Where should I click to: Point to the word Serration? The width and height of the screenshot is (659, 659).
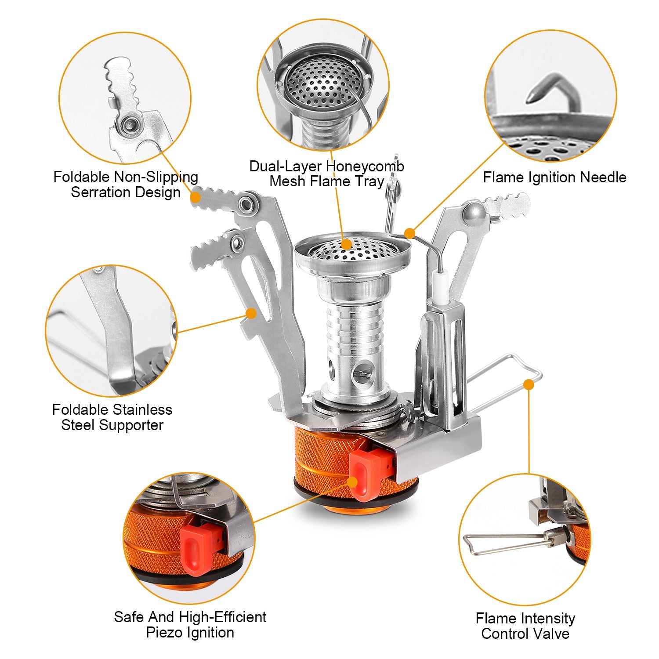coord(101,192)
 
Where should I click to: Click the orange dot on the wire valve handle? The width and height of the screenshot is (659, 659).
coord(529,385)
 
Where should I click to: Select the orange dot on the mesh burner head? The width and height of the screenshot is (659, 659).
coord(347,244)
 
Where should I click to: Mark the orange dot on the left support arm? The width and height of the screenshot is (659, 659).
coord(251,313)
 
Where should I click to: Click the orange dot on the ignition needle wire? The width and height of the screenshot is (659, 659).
coord(409,233)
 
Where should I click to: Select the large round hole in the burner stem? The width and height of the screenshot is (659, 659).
coord(362,372)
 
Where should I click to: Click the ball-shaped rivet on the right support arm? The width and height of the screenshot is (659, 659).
coord(474,212)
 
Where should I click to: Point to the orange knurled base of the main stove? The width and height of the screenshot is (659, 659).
coord(323,461)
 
